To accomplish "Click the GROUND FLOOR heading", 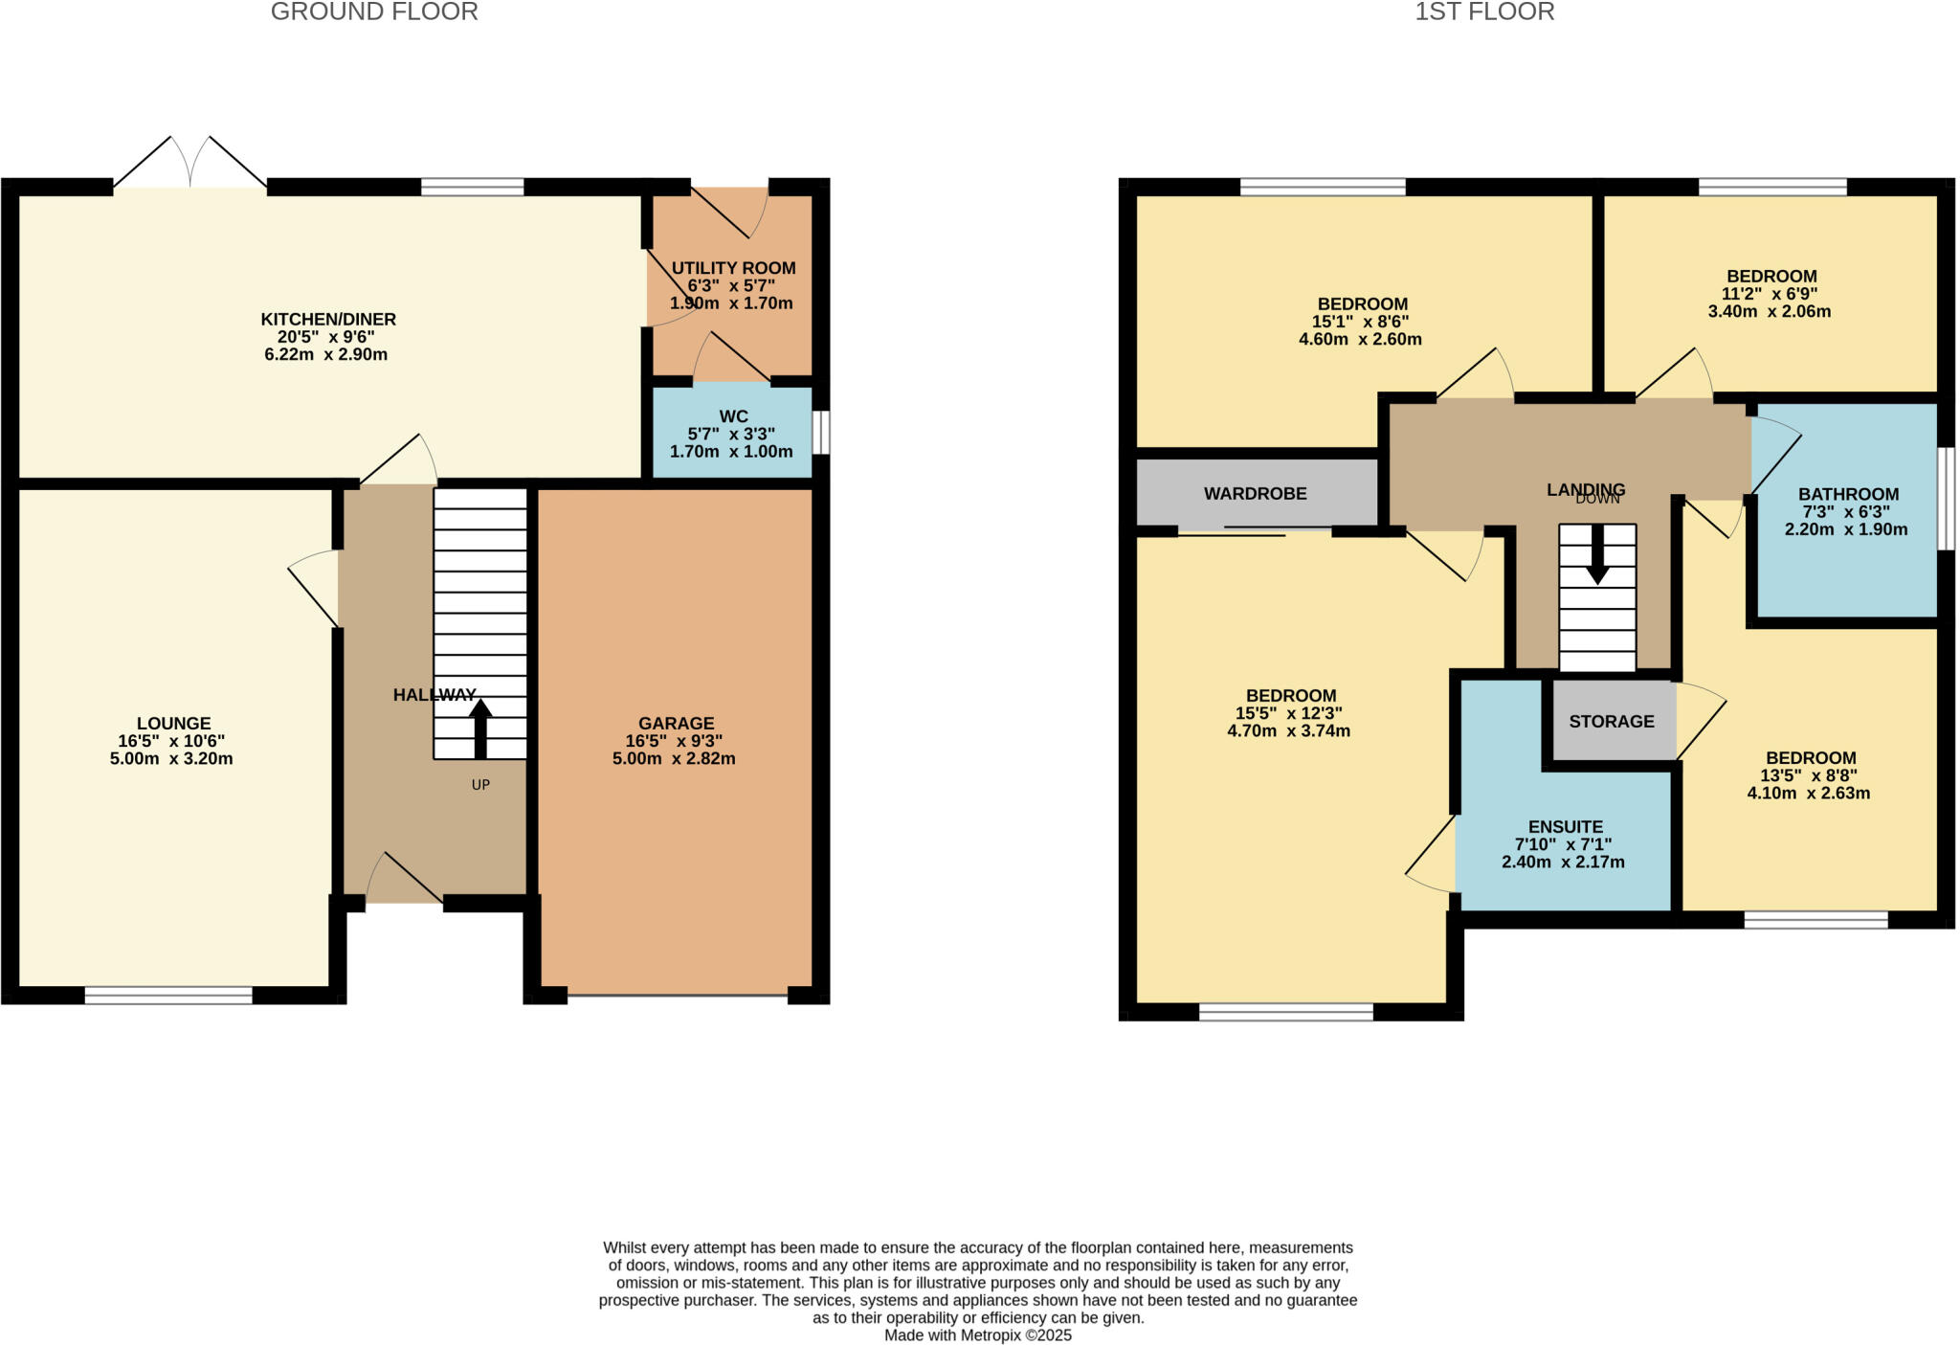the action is click(374, 11).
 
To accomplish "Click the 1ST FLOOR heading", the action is click(1484, 11).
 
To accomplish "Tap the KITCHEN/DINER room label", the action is click(328, 320).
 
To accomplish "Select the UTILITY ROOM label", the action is click(733, 268).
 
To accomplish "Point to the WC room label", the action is click(734, 416).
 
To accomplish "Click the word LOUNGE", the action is click(173, 724).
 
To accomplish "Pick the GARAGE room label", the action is click(677, 724).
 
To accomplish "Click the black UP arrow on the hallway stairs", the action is click(480, 729).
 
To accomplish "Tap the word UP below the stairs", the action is click(480, 785).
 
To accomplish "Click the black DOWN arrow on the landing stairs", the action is click(1597, 554).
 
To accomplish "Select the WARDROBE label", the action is click(1255, 494).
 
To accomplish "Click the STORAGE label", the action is click(1612, 722).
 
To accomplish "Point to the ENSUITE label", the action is click(1566, 827).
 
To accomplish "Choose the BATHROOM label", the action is click(1848, 495).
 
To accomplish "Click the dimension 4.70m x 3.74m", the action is click(1289, 731).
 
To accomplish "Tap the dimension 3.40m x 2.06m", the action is click(1770, 311).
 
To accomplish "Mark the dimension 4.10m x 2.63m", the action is click(1809, 793).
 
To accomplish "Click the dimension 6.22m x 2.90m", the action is click(326, 355).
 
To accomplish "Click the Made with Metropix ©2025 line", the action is click(978, 1335).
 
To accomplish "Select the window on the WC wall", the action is click(821, 433).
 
